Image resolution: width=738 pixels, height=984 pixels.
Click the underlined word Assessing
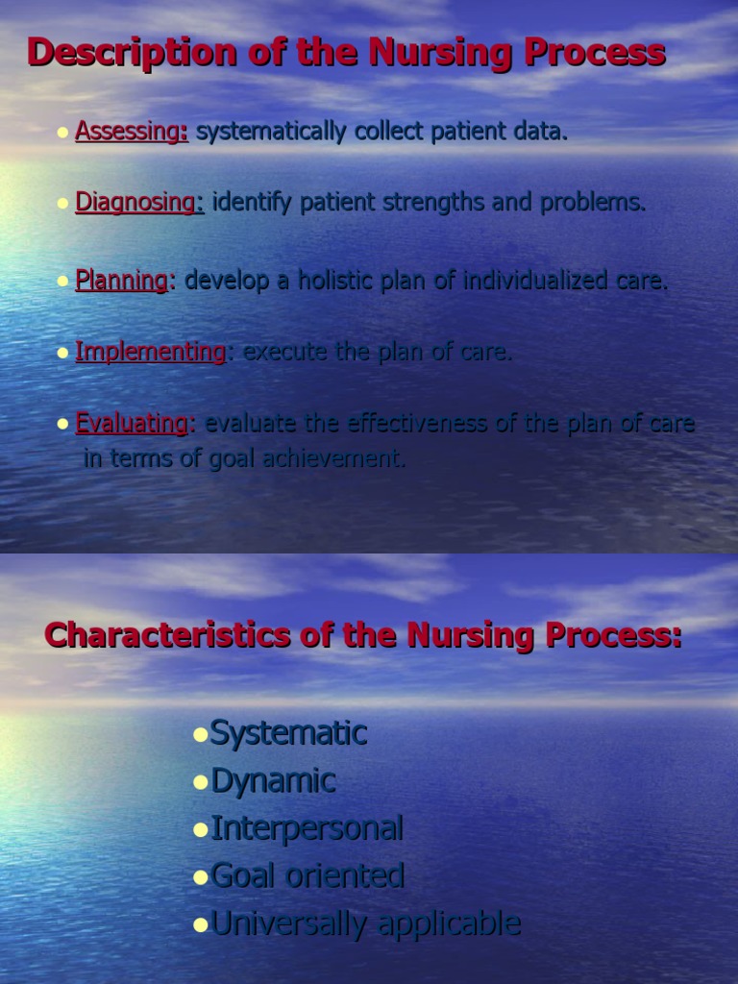click(x=131, y=132)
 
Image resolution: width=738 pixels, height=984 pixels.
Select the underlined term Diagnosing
click(x=139, y=203)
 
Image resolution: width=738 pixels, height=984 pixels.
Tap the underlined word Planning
click(x=122, y=281)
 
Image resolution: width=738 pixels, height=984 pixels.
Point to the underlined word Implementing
click(x=150, y=352)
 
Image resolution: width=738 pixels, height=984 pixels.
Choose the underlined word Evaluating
click(x=133, y=423)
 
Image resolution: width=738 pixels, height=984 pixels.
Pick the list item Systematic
click(x=288, y=733)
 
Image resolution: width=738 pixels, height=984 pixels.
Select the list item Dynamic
click(x=273, y=781)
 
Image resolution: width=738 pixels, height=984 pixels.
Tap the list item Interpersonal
click(x=307, y=828)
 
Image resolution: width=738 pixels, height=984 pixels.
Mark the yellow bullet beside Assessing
click(x=63, y=134)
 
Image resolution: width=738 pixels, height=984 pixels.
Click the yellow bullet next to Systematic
click(x=201, y=735)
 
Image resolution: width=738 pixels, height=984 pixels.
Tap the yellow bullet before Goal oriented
click(x=201, y=877)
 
